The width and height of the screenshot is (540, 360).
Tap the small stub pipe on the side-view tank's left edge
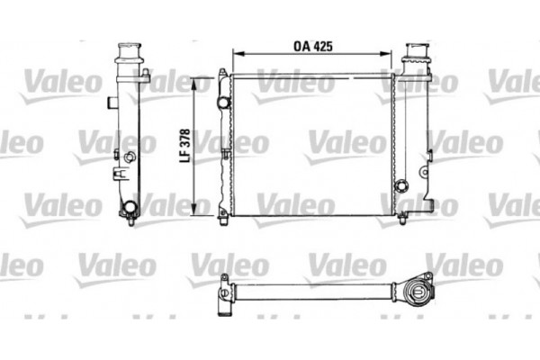111,103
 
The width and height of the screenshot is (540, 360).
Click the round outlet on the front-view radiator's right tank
401,187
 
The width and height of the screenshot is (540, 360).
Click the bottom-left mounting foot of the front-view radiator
223,214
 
